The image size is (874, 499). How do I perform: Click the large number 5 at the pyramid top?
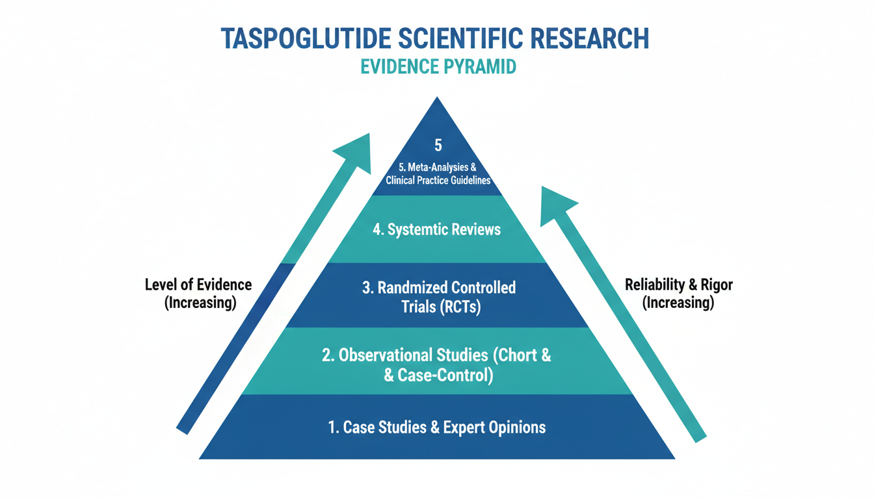(438, 144)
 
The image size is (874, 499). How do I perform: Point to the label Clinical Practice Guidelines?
(438, 180)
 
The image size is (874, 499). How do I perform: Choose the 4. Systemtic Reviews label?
(437, 230)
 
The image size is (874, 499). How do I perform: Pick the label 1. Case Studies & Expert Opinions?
(437, 427)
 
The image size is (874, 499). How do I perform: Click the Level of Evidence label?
(198, 285)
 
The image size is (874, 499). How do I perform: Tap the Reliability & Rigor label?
(678, 285)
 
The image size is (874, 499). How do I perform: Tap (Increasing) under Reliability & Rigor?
(678, 303)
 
